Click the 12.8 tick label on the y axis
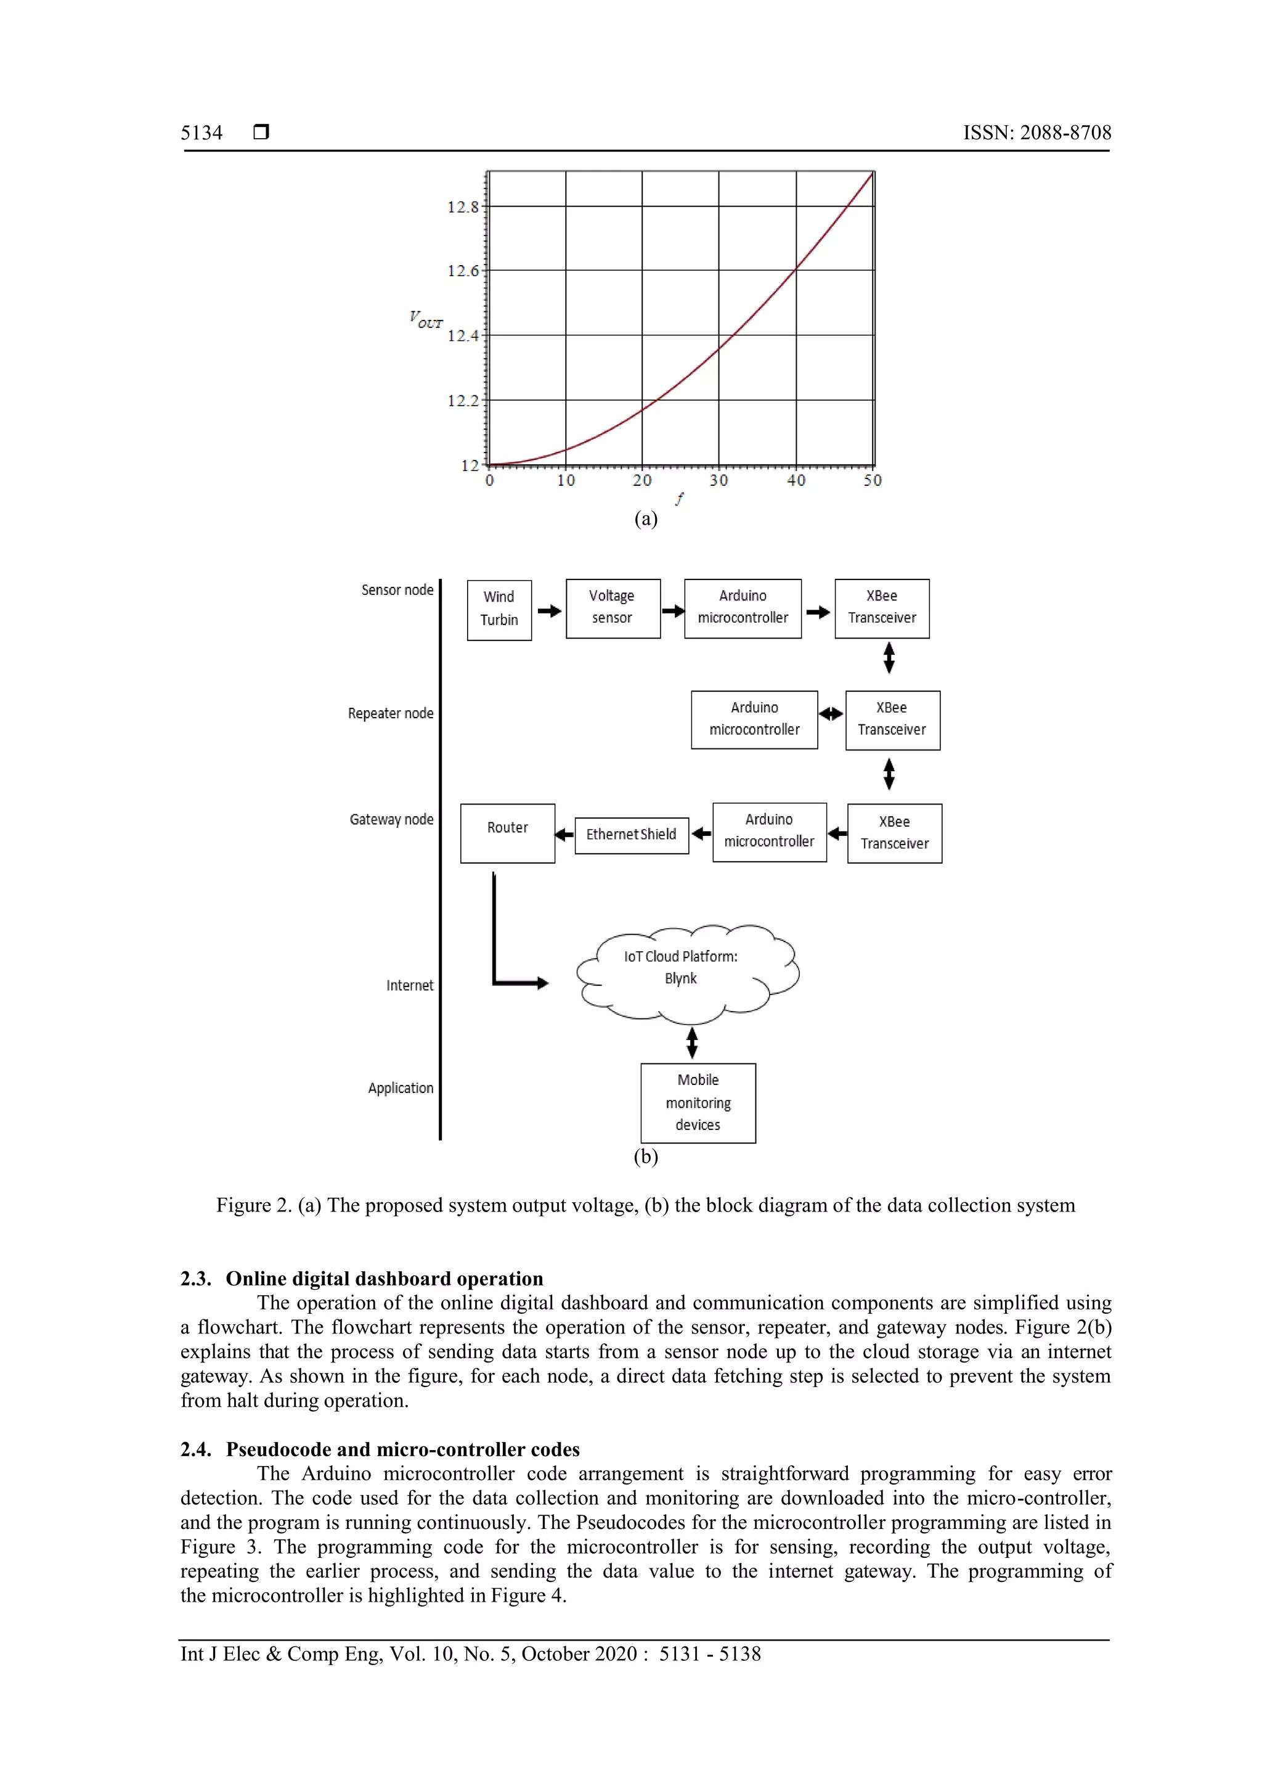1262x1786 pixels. (x=463, y=207)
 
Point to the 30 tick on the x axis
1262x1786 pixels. (x=718, y=481)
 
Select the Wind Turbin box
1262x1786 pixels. (x=499, y=610)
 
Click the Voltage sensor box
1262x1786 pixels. (x=613, y=608)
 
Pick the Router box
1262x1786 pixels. (x=507, y=833)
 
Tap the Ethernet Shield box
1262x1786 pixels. (x=632, y=835)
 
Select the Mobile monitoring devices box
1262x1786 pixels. (x=698, y=1102)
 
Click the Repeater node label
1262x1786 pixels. (x=390, y=713)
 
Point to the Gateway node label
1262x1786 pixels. (x=391, y=819)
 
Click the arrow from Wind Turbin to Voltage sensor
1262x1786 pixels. (x=549, y=610)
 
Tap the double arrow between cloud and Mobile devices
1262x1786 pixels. (x=692, y=1043)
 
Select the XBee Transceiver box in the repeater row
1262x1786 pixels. (x=892, y=719)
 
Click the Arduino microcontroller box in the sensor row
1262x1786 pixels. (x=743, y=608)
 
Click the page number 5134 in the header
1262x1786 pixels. (x=202, y=133)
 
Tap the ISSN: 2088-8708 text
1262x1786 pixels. (x=1036, y=133)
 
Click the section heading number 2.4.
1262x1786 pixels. (x=195, y=1449)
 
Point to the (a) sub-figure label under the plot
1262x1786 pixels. (x=645, y=519)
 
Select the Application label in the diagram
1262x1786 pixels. (x=401, y=1088)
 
